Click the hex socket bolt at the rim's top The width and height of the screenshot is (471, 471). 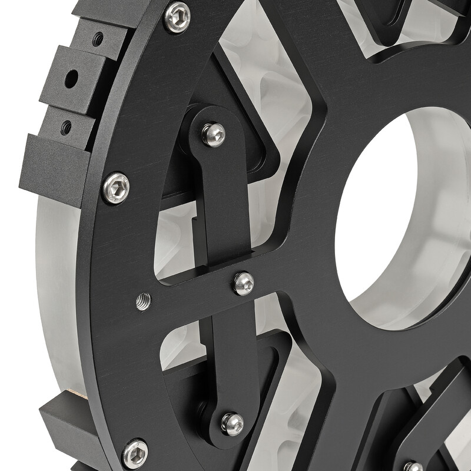(x=177, y=17)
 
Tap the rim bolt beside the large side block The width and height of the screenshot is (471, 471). (x=115, y=188)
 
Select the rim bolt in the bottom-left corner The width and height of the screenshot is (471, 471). (x=135, y=454)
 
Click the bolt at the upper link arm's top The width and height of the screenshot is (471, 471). (x=213, y=134)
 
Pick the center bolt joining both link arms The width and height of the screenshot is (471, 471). (x=243, y=283)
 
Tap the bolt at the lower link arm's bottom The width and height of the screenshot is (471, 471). (x=232, y=423)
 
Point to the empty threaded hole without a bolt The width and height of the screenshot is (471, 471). (x=143, y=302)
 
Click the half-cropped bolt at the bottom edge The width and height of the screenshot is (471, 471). (x=413, y=466)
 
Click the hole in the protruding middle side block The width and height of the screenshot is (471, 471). (x=71, y=78)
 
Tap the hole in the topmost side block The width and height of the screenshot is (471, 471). (x=98, y=39)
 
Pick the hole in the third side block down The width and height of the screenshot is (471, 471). (x=66, y=127)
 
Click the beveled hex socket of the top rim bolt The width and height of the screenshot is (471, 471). (x=177, y=17)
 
